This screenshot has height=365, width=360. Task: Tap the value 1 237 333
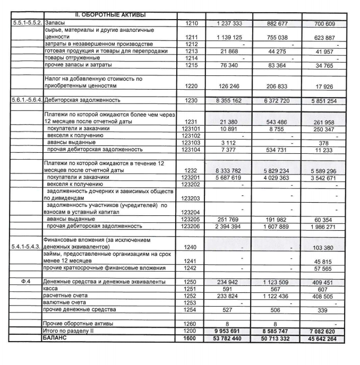click(x=230, y=24)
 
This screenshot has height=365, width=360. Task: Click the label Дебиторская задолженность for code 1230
click(x=83, y=100)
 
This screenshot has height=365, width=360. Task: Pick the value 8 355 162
click(x=230, y=100)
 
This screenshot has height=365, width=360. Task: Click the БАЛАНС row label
click(x=57, y=337)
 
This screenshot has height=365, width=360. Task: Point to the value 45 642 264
click(x=323, y=338)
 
